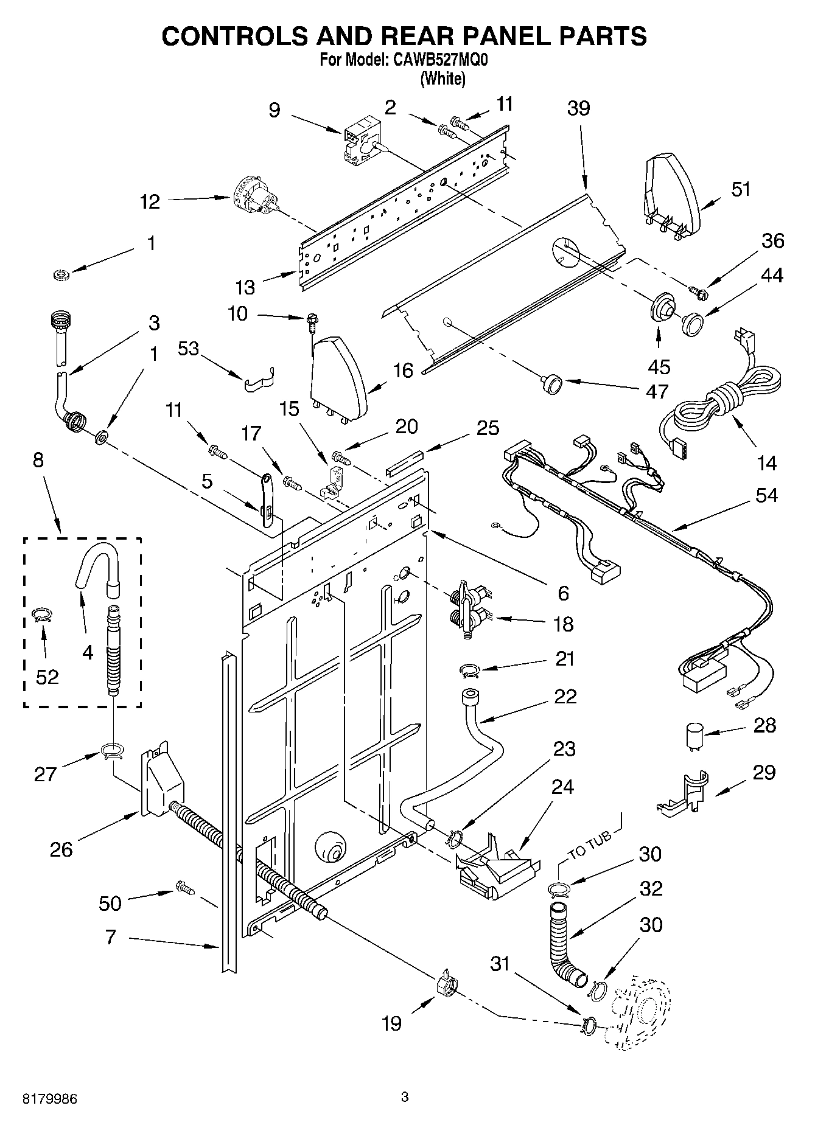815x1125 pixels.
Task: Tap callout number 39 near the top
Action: (578, 108)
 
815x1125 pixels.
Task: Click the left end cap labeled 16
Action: (338, 377)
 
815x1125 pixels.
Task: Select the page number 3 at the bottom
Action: (405, 1097)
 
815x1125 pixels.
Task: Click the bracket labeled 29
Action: (685, 793)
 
